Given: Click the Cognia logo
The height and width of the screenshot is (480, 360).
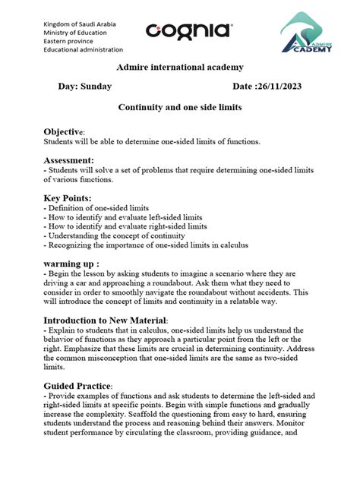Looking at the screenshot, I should point(188,31).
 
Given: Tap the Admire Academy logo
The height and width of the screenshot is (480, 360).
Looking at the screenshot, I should point(315,34).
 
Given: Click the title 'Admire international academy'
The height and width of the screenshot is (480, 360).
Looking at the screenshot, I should point(179,68).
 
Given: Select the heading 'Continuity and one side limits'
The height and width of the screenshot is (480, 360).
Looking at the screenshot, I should point(179,108).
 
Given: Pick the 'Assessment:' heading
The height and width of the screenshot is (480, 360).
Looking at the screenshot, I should point(68,160).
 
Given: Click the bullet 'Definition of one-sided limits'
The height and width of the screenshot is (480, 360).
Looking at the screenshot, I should point(96,207).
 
